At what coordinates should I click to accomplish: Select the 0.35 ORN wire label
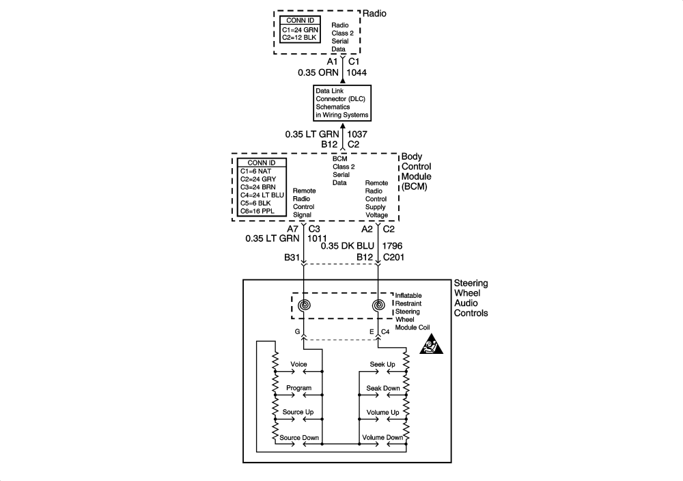coord(320,71)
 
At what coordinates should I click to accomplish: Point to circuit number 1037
coord(359,135)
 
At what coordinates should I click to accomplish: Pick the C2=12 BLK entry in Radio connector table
coord(301,38)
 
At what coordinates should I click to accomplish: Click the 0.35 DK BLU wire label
coord(347,245)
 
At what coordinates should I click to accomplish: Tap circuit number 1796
coord(393,245)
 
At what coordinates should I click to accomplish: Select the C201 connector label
coord(395,257)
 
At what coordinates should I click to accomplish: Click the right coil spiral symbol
coord(379,305)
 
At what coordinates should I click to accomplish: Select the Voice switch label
coord(298,364)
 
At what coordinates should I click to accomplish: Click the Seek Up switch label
coord(382,364)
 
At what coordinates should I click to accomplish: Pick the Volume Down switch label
coord(382,437)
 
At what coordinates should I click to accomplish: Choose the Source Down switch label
coord(300,437)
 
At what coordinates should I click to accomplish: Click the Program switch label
coord(298,388)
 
